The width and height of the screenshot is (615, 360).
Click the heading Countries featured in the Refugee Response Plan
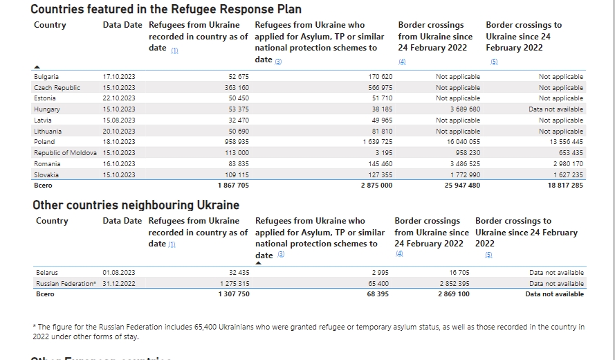pyautogui.click(x=166, y=9)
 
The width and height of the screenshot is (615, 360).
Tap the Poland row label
pyautogui.click(x=44, y=142)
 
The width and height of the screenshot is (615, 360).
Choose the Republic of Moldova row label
pyautogui.click(x=65, y=153)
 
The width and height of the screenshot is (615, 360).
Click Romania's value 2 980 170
pyautogui.click(x=565, y=164)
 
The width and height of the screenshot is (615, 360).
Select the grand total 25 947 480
pyautogui.click(x=460, y=186)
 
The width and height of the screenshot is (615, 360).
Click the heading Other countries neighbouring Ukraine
pyautogui.click(x=136, y=205)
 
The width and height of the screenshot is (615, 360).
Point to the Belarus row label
pyautogui.click(x=46, y=273)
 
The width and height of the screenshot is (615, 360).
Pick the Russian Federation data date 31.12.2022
pyautogui.click(x=119, y=284)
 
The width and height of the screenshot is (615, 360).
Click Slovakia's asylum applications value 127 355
pyautogui.click(x=377, y=175)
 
